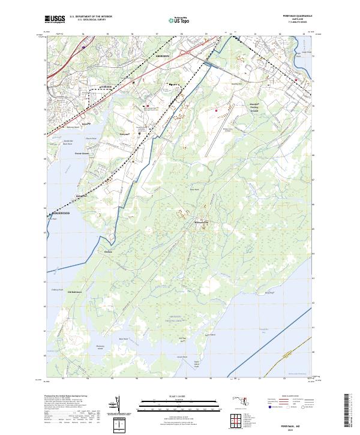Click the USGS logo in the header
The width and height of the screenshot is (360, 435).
click(55, 19)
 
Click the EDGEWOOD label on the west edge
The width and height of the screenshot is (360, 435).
click(58, 213)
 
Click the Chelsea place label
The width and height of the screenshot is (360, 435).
click(109, 252)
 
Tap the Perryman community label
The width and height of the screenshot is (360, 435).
click(125, 134)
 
